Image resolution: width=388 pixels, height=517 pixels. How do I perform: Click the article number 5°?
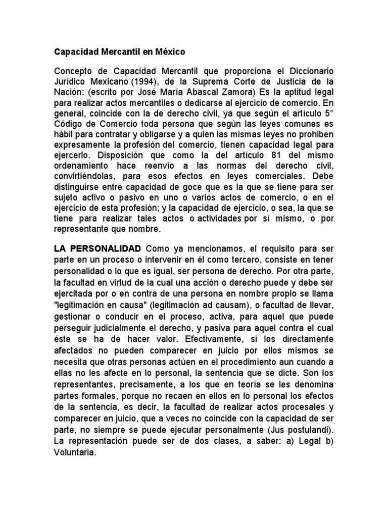point(328,116)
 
